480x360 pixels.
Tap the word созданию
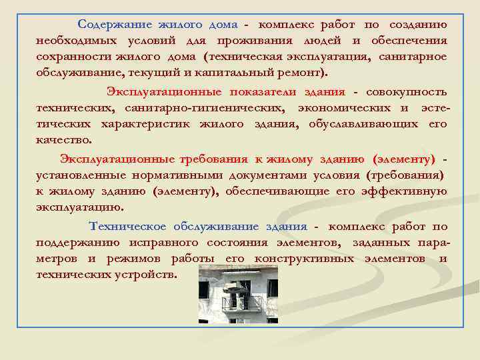[x=418, y=25]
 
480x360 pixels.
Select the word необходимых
[x=72, y=41]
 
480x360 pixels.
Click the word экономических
[x=343, y=108]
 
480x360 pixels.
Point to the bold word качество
[x=64, y=140]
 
